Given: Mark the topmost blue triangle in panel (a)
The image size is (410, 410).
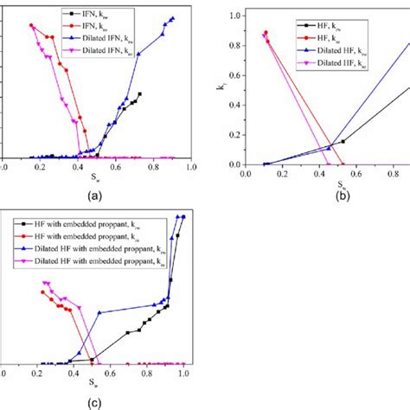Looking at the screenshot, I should pos(172,18).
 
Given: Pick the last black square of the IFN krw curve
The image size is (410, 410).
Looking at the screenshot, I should pos(139,93).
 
